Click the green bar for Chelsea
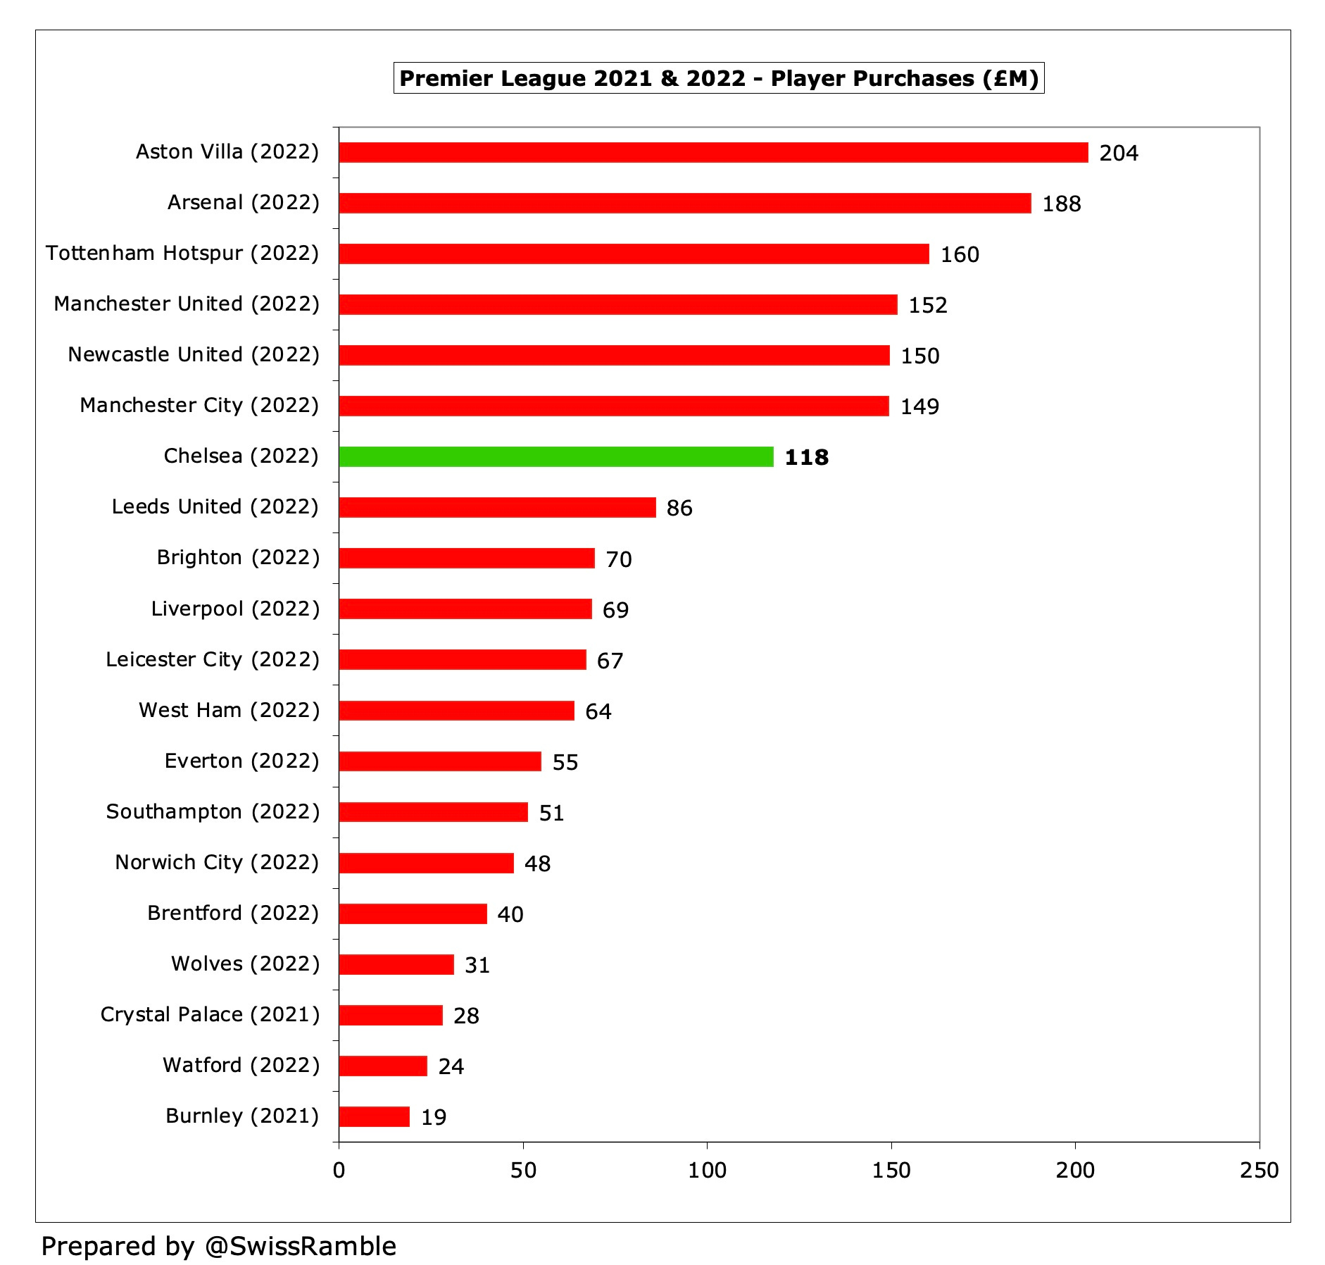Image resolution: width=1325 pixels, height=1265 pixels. [x=556, y=456]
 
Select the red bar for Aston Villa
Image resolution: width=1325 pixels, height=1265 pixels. [x=712, y=152]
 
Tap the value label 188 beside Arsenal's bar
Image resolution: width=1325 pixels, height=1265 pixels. [x=1061, y=204]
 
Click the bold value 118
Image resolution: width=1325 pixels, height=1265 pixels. [x=806, y=457]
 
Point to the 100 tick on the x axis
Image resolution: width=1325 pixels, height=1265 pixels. [x=707, y=1170]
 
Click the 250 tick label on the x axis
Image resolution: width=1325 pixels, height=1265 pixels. [x=1259, y=1170]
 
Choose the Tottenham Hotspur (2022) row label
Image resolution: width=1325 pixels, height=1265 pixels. [x=182, y=253]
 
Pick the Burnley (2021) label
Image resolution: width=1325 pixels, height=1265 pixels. [x=242, y=1116]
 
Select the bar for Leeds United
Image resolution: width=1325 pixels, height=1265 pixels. [x=497, y=507]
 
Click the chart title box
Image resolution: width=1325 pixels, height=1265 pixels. [x=718, y=78]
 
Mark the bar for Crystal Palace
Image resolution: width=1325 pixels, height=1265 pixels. [x=391, y=1015]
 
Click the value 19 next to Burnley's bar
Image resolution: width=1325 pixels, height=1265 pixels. [x=434, y=1117]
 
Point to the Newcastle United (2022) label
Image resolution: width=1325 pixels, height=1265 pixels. [x=194, y=354]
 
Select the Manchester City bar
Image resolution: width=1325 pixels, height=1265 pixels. [x=613, y=406]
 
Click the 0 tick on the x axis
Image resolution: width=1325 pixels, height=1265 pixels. [x=339, y=1170]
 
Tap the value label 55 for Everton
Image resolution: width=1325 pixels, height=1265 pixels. [x=565, y=762]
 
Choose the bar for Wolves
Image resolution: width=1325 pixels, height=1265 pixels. [x=396, y=964]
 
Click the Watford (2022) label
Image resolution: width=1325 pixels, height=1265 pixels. [x=241, y=1065]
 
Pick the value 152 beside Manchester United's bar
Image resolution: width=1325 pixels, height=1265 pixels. [x=927, y=305]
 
